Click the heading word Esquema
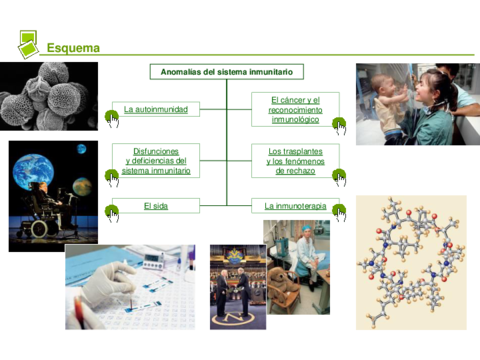[x=72, y=48]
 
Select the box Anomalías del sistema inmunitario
[x=227, y=72]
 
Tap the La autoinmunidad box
[x=155, y=108]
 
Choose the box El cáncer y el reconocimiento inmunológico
[x=295, y=109]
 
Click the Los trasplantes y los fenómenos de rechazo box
[x=295, y=160]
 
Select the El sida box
[x=155, y=206]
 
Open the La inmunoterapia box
[x=295, y=206]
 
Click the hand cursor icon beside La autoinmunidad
[x=112, y=118]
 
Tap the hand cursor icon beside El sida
[x=112, y=212]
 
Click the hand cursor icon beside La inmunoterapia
[x=339, y=212]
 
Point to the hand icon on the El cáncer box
[x=339, y=125]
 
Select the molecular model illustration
[x=410, y=262]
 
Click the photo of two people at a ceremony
[x=237, y=287]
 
